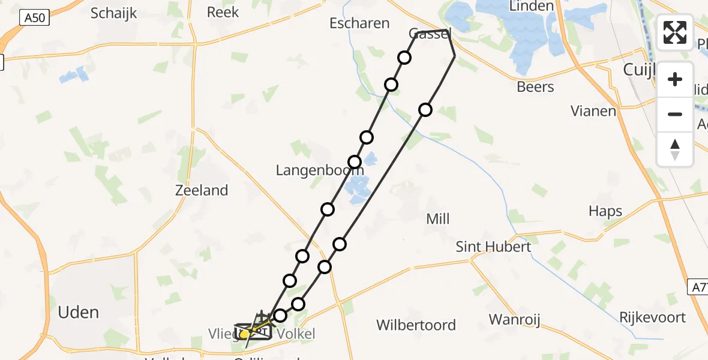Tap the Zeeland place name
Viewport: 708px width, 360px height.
pyautogui.click(x=202, y=191)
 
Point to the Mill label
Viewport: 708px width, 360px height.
pyautogui.click(x=437, y=219)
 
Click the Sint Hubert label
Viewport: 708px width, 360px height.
pyautogui.click(x=493, y=247)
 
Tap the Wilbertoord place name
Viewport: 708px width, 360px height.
pyautogui.click(x=416, y=325)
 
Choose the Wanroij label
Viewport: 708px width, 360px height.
pyautogui.click(x=514, y=319)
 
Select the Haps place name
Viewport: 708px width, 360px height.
pyautogui.click(x=605, y=211)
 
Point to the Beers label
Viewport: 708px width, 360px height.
pyautogui.click(x=535, y=87)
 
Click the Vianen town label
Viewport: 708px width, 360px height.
pyautogui.click(x=593, y=111)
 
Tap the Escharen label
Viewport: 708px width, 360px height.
pyautogui.click(x=359, y=23)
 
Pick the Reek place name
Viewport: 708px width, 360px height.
pyautogui.click(x=223, y=12)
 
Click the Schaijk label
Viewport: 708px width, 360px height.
pyautogui.click(x=114, y=13)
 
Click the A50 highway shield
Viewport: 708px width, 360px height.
pyautogui.click(x=34, y=19)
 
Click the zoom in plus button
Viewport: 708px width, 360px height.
pyautogui.click(x=675, y=79)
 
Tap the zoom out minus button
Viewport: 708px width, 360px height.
pyautogui.click(x=675, y=114)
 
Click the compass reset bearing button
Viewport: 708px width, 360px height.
pyautogui.click(x=675, y=149)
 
